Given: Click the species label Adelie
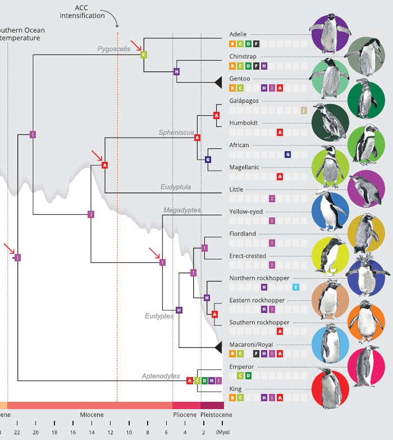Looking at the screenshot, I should tap(238, 34).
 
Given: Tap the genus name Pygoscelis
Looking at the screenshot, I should tap(114, 49).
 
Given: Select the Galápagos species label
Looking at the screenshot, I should tap(244, 101).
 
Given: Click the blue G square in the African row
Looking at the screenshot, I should tap(287, 155).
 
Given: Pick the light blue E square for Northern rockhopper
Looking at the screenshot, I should tap(296, 287).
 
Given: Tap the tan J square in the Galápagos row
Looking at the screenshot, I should tap(304, 110).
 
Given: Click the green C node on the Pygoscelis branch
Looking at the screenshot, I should tap(144, 55).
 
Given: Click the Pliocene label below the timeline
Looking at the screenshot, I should tap(184, 415).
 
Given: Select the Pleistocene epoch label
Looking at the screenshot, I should tap(216, 415).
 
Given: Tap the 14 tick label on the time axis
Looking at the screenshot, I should tap(92, 432).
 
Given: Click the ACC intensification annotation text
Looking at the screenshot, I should tap(89, 12).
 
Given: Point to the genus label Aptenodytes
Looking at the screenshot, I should tap(161, 376).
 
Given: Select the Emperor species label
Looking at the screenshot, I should tap(242, 366).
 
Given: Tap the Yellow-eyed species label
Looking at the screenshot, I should tap(246, 212).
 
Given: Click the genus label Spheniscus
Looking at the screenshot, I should tap(176, 133).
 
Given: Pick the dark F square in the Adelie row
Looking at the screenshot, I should tap(256, 43).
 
